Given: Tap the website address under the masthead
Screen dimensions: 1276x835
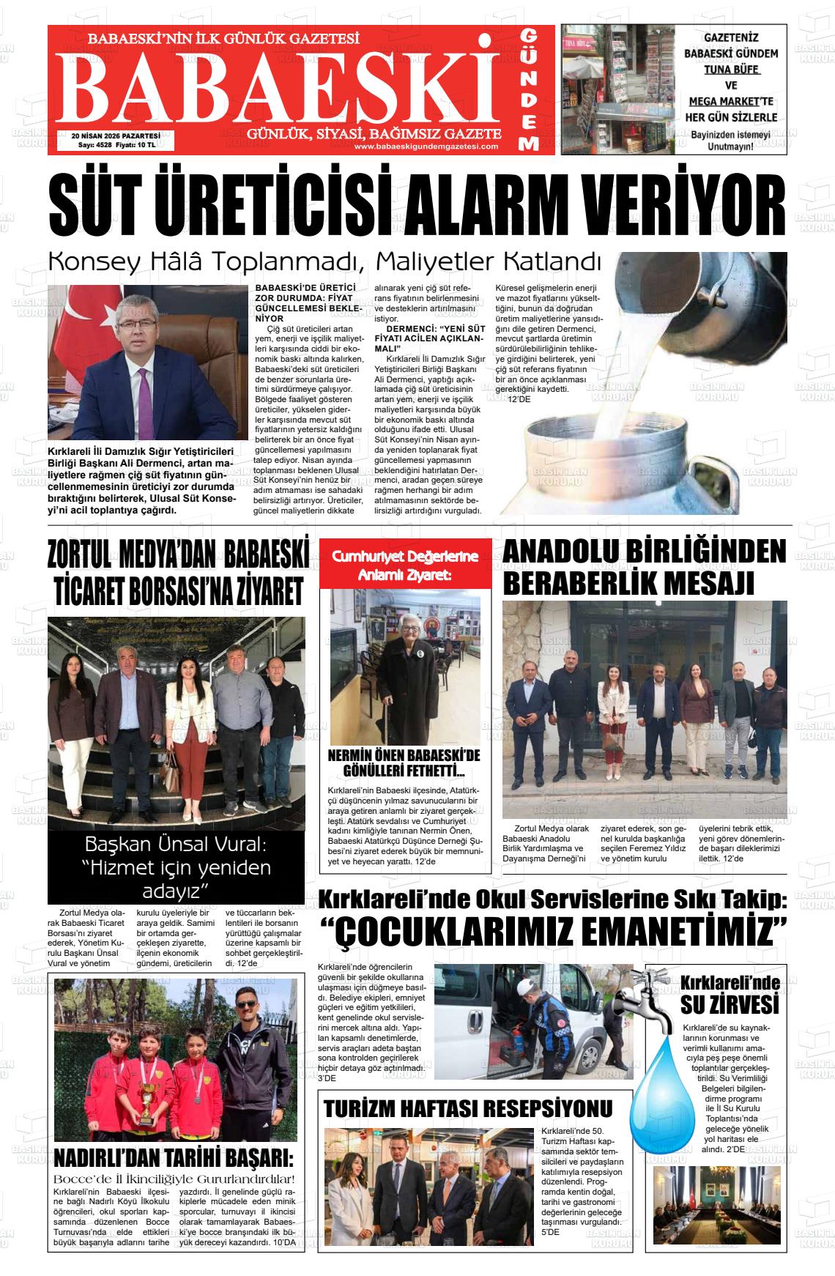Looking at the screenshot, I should tap(426, 146).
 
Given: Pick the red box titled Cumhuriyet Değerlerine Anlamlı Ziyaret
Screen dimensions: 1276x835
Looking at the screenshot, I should tap(405, 566).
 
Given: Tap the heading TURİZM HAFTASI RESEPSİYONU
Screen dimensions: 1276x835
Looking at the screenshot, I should tap(468, 1108).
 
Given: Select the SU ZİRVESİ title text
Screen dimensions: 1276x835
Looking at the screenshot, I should tap(728, 1003).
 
